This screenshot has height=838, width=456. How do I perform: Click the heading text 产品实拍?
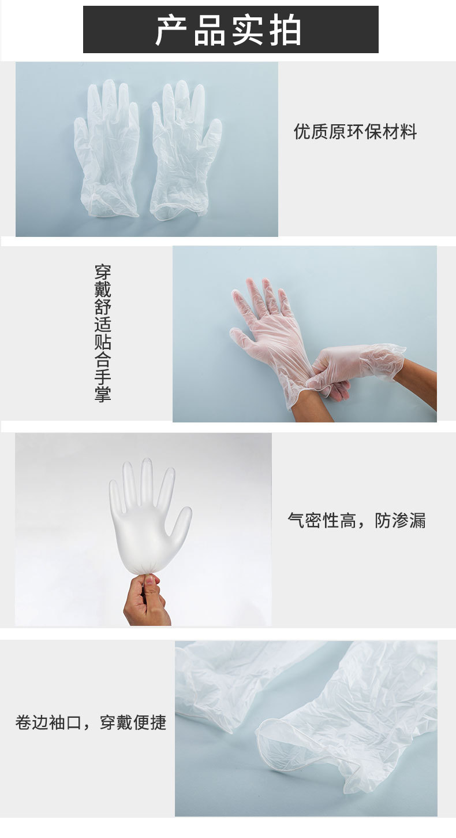coord(229,31)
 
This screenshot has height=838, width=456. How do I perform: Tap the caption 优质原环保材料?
coord(355,132)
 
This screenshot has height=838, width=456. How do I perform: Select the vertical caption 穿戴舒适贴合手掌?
coord(103,333)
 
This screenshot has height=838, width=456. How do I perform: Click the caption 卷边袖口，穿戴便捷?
coord(91,722)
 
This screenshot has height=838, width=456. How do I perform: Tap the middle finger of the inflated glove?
coord(147,480)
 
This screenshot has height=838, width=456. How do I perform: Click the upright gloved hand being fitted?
coord(271,335)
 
